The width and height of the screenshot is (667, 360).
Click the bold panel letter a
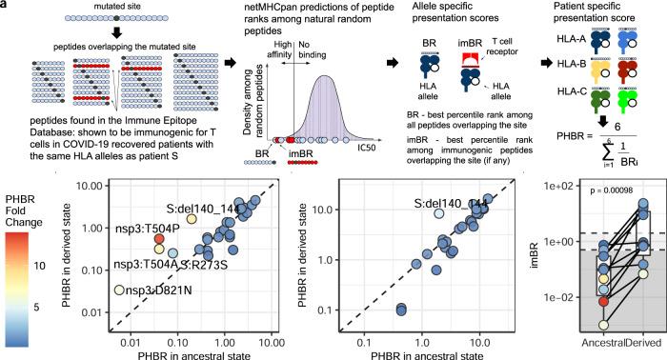click(x=6, y=6)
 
